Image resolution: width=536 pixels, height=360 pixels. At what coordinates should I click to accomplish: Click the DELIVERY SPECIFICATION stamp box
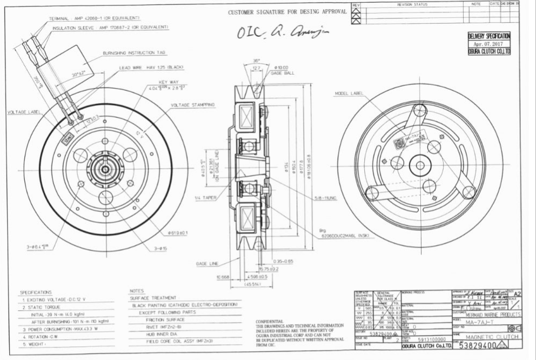489,44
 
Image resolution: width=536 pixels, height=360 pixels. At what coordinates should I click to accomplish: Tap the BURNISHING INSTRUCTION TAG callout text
135,53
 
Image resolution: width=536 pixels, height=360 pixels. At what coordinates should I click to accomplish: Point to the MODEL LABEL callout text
349,94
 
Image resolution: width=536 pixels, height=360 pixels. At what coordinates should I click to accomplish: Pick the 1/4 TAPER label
205,198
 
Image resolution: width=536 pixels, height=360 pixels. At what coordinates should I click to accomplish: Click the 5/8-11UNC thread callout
326,198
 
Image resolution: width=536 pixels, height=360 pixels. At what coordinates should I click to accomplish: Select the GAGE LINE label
207,263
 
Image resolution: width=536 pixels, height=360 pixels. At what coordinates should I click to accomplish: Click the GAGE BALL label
282,72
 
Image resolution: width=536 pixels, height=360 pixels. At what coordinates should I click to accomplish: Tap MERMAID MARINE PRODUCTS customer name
493,314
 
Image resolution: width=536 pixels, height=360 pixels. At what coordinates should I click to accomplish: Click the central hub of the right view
420,165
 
